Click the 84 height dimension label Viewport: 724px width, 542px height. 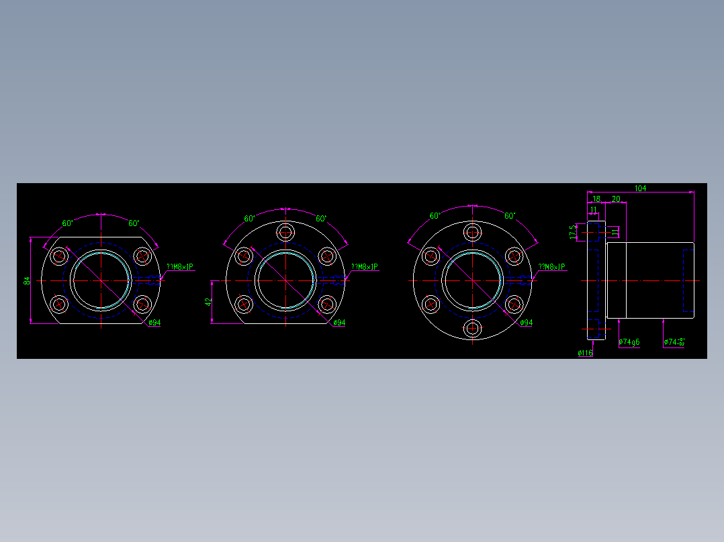(27, 280)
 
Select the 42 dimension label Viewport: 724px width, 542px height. (208, 302)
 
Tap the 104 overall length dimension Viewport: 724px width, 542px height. (640, 188)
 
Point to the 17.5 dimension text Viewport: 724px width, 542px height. (572, 231)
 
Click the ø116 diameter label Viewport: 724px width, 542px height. (585, 353)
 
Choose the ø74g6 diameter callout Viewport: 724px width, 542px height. (629, 342)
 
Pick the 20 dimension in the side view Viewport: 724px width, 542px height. (615, 199)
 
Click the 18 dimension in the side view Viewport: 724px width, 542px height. (596, 199)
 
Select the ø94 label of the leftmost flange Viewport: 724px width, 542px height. (154, 323)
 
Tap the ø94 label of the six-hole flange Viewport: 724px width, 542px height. (526, 323)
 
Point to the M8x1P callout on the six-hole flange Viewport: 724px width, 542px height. (551, 267)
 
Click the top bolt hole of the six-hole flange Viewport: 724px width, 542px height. (473, 233)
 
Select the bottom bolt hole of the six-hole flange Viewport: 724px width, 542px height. (473, 328)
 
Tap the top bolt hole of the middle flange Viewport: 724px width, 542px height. (286, 233)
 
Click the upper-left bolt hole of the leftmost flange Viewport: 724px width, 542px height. (60, 256)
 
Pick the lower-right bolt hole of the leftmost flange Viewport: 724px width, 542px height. (142, 305)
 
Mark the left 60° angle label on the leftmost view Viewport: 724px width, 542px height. (67, 223)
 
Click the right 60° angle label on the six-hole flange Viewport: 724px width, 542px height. (510, 216)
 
